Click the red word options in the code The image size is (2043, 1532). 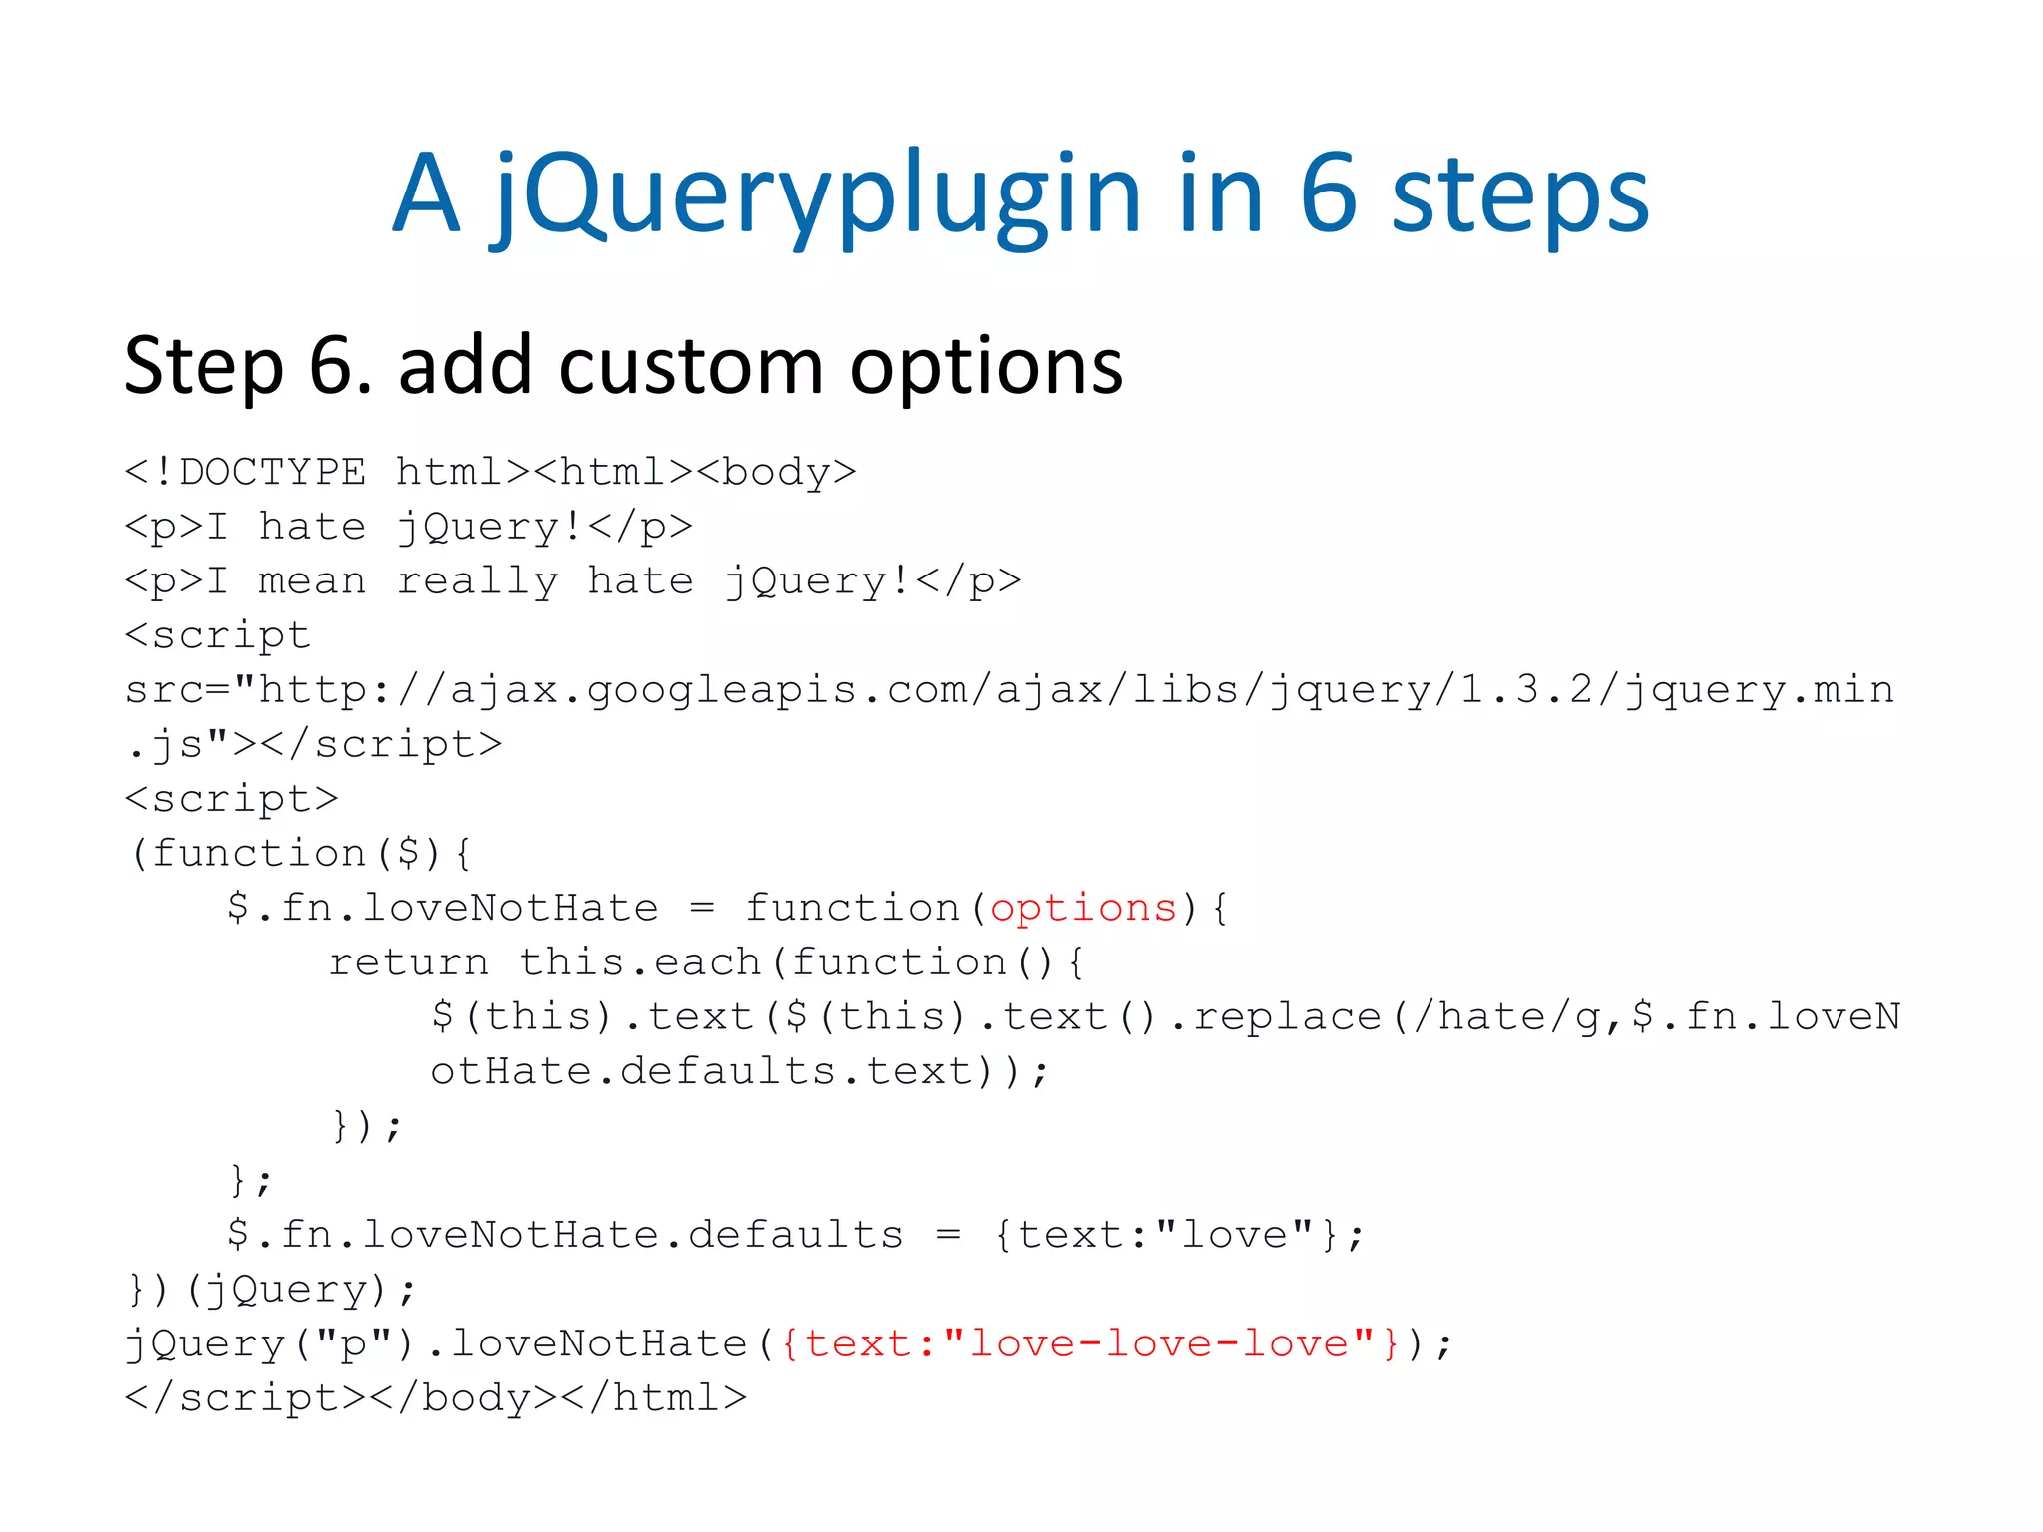tap(1083, 908)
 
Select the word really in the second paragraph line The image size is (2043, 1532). tap(477, 581)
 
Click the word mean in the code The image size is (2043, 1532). tap(311, 580)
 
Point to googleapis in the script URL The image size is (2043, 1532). tap(721, 690)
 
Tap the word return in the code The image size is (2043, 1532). tap(409, 962)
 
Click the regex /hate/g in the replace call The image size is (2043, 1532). tap(1505, 1016)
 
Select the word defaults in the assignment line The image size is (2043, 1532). tap(795, 1235)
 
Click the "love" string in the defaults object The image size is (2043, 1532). tap(1233, 1235)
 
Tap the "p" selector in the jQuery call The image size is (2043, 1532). tap(354, 1343)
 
